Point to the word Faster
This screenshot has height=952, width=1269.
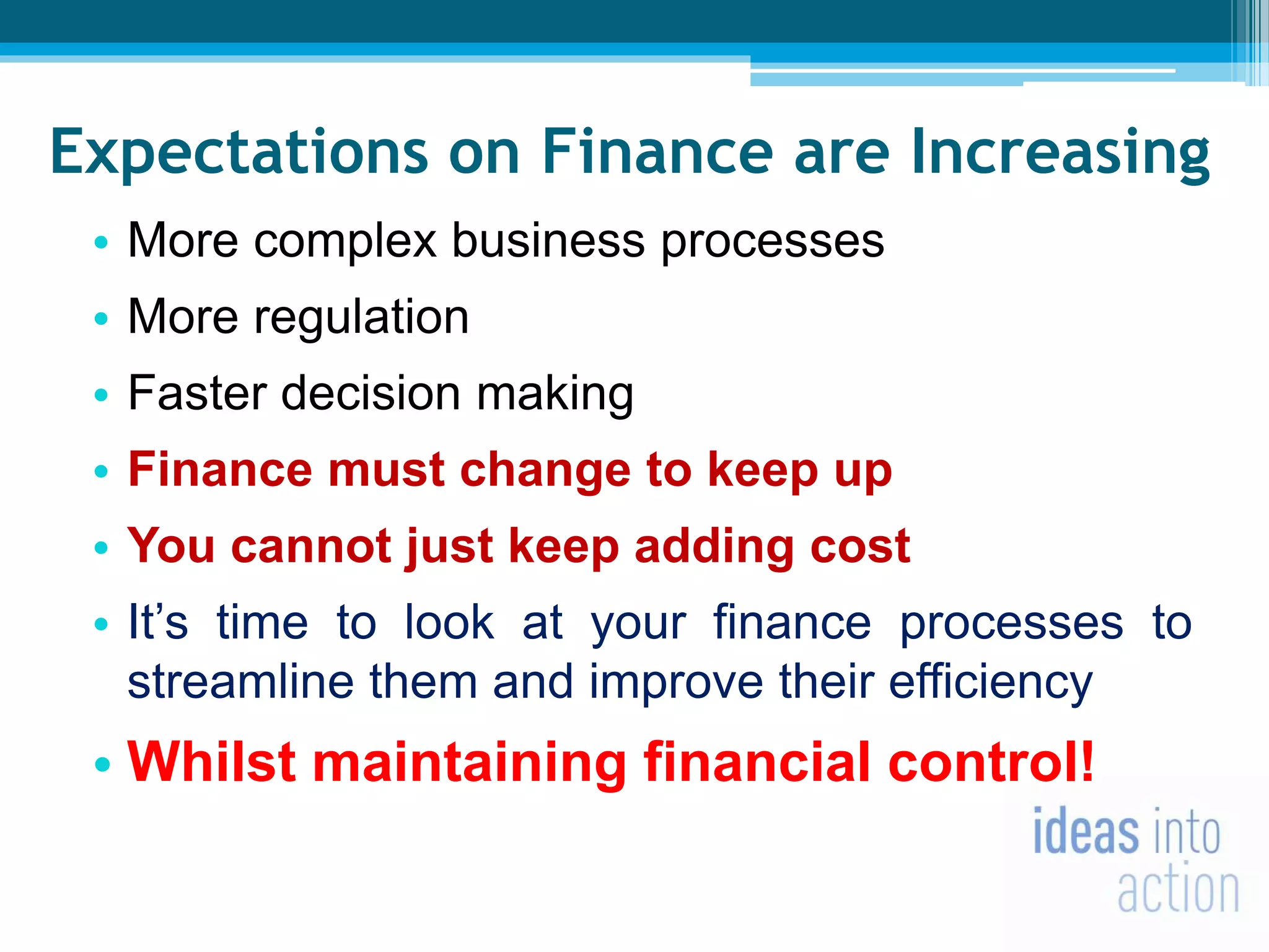click(x=196, y=394)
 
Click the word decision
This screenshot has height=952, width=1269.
click(x=371, y=394)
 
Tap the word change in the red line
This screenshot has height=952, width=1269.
click(x=545, y=470)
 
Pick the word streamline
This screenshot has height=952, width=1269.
click(x=240, y=682)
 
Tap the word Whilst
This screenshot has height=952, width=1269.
click(x=211, y=762)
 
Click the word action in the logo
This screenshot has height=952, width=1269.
click(x=1178, y=890)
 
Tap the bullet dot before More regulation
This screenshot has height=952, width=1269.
click(x=101, y=319)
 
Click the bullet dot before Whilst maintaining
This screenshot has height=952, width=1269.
click(x=102, y=764)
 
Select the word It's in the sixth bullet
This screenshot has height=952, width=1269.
click(x=157, y=622)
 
